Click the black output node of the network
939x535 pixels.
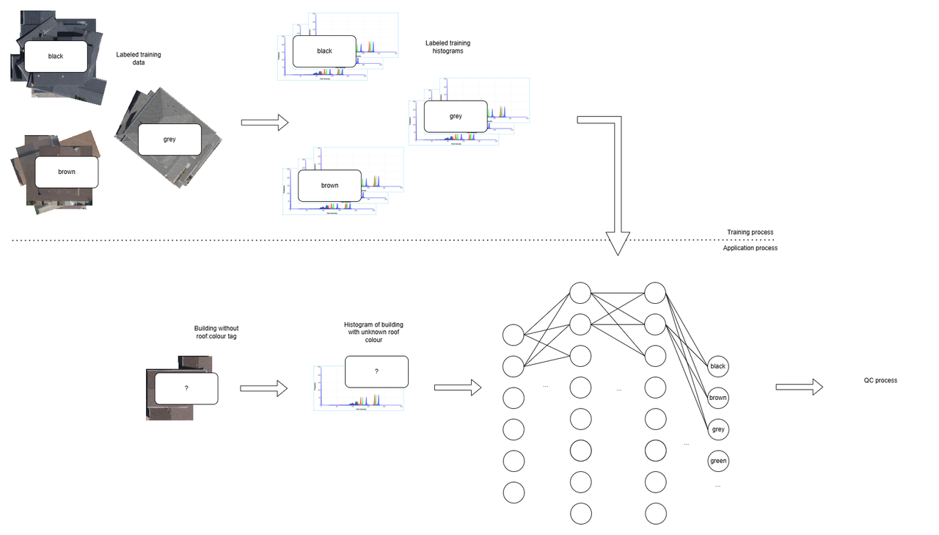click(x=717, y=366)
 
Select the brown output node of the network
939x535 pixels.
click(x=717, y=398)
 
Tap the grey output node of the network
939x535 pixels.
click(x=717, y=429)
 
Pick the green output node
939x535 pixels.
click(x=717, y=461)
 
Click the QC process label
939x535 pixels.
click(x=880, y=380)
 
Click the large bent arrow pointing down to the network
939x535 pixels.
click(x=616, y=183)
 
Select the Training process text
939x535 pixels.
click(x=750, y=232)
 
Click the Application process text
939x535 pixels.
click(x=750, y=248)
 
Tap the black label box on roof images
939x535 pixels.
click(x=56, y=57)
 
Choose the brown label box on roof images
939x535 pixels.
click(x=67, y=172)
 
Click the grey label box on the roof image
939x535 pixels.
click(x=169, y=139)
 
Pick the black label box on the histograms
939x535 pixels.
click(x=324, y=51)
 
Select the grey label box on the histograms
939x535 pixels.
click(x=456, y=117)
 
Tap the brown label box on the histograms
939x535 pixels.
click(x=329, y=186)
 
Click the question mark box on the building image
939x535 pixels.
click(x=186, y=387)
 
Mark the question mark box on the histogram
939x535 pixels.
click(x=376, y=371)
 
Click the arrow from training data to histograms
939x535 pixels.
click(x=264, y=123)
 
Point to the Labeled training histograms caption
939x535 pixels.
click(x=447, y=48)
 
